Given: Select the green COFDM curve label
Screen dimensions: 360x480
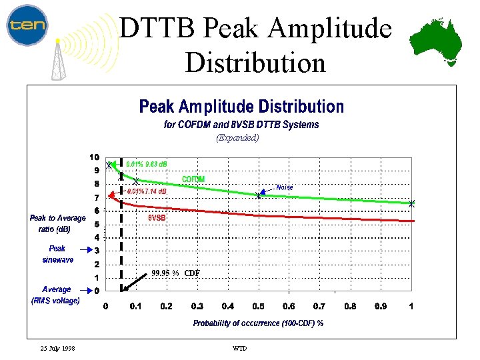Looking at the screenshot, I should point(193,179).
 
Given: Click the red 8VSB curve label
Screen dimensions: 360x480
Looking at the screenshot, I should point(157,217).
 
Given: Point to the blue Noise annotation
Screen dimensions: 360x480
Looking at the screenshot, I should point(285,187).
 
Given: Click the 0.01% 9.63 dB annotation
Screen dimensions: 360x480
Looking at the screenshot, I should point(147,163).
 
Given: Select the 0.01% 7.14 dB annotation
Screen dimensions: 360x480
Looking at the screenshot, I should point(147,191).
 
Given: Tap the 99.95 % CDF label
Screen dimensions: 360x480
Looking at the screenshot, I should point(175,273).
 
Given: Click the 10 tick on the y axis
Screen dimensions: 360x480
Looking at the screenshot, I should point(95,157).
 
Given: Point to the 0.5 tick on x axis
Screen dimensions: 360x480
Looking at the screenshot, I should point(258,306).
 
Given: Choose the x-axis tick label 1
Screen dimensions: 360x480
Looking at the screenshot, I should point(411,306).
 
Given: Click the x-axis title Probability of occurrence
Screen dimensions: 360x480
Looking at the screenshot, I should point(258,323).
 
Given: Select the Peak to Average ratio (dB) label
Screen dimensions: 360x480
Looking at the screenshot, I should point(57,223).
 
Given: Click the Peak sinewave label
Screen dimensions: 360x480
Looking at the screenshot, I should point(57,254).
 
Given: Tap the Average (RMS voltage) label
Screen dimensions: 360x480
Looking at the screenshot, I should point(56,295).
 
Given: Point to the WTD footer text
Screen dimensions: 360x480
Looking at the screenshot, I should point(239,349).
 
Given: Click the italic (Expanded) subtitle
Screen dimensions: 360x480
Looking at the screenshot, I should point(237,138).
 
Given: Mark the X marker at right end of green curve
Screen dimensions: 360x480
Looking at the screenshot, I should point(411,203).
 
